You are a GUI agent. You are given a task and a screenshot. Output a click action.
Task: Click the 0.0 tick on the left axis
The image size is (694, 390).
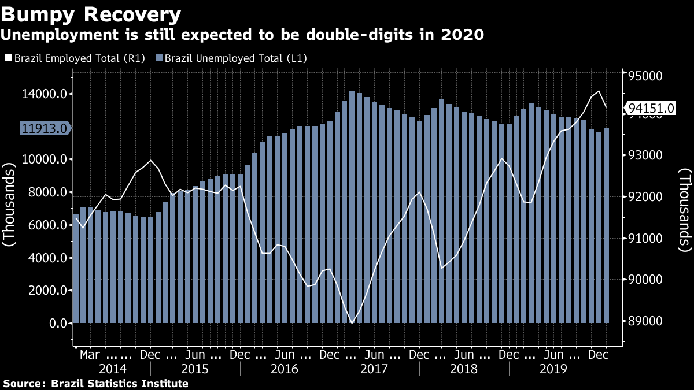(58, 323)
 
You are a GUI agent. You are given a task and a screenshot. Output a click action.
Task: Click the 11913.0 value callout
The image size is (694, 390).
(43, 128)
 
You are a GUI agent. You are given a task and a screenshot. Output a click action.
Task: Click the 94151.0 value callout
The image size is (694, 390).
(651, 108)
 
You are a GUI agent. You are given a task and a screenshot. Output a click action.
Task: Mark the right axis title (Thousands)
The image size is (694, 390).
(684, 211)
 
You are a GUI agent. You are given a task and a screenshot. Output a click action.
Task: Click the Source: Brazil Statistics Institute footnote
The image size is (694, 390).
(96, 384)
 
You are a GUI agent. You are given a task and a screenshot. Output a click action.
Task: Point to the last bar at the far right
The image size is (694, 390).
(606, 225)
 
